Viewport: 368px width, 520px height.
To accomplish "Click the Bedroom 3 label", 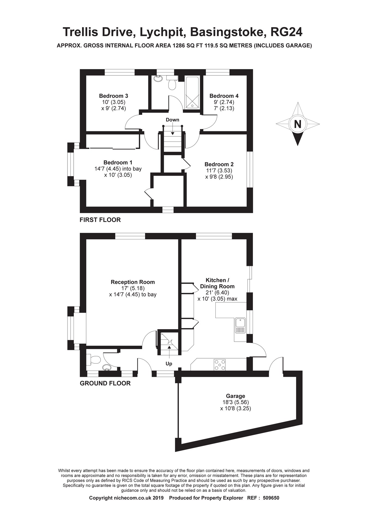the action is pos(113,96).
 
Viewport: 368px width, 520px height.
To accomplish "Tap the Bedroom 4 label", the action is pos(224,96).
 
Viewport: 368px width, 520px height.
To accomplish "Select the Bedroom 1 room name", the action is pos(118,163).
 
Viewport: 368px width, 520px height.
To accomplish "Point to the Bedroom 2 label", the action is pos(219,164).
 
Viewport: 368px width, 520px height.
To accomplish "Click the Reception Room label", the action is pos(132,282).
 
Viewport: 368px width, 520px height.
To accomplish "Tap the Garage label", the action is pos(235,396).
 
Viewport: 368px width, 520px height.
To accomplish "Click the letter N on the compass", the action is pos(297,124).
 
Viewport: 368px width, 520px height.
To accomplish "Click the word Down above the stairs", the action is pos(172,120).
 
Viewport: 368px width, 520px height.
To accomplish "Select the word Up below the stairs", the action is pos(169,364).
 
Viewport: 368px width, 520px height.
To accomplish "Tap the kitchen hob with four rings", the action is pos(220,365).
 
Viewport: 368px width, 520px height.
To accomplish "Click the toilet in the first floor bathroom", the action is pos(172,84).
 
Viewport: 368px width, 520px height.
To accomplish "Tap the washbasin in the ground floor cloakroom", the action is pos(107,368).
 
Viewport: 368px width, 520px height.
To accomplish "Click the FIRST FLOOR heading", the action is pos(100,220).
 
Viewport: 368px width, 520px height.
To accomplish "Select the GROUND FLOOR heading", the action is pos(105,383).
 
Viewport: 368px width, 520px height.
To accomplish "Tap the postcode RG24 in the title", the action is pos(286,32).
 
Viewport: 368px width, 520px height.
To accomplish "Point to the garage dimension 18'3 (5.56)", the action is pos(236,402).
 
